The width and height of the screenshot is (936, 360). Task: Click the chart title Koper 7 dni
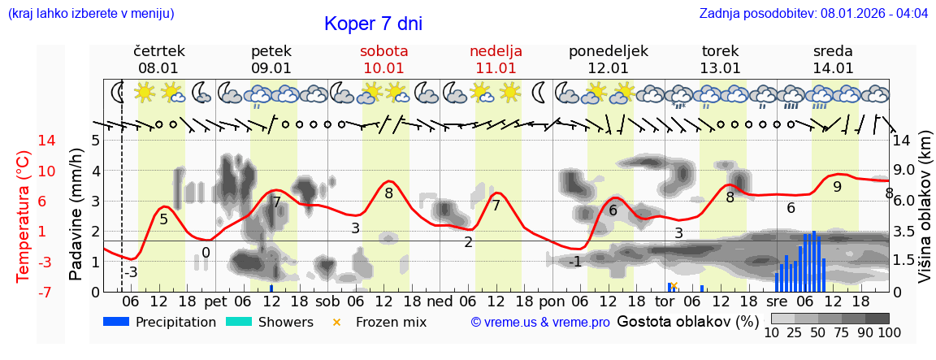pos(373,24)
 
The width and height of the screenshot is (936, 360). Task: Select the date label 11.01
pos(496,68)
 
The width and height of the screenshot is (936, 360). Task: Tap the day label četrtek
pos(159,51)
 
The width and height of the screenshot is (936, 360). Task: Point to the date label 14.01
pos(833,68)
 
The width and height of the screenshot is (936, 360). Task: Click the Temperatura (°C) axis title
pos(24,215)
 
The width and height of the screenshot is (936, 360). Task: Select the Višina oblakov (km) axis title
pos(924,215)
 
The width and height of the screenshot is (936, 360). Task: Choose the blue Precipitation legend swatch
pos(116,322)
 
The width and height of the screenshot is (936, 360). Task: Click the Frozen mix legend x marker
pos(336,322)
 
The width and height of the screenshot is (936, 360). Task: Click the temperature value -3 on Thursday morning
pos(131,272)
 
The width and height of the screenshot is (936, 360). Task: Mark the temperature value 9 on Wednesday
pos(837,186)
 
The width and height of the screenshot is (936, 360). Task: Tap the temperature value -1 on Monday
pos(574,261)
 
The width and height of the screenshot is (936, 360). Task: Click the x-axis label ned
pos(440,301)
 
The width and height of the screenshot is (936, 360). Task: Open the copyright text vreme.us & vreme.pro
pos(540,322)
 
